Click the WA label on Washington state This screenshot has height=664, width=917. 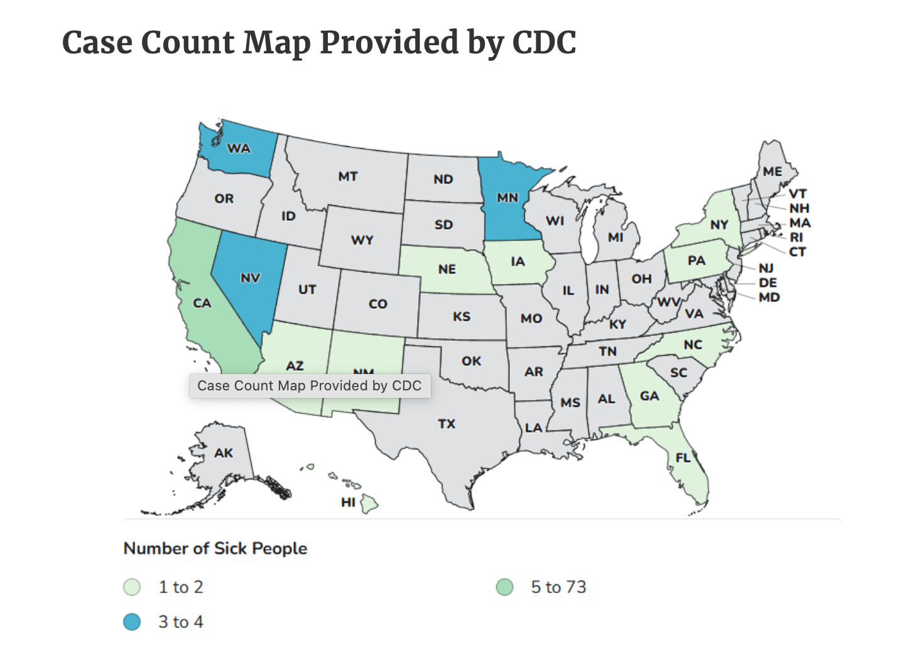point(239,149)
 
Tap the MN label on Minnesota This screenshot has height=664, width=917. point(507,198)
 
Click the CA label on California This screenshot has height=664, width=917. point(202,303)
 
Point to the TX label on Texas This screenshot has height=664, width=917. point(447,424)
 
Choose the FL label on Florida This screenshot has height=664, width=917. point(683,458)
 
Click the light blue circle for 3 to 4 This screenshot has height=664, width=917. point(132,622)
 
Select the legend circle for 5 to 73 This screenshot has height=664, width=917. point(504,587)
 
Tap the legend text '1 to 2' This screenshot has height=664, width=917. point(181,587)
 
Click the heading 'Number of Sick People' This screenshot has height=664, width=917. point(215,549)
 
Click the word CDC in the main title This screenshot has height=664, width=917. point(544,43)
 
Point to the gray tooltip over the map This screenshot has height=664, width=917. point(310,385)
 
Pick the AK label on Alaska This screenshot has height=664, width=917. point(224,453)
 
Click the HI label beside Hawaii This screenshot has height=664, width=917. point(348,502)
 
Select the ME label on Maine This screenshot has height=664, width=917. point(773,171)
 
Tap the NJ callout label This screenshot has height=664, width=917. point(766,268)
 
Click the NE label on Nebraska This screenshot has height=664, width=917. point(447,269)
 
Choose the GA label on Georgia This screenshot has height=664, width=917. point(649,396)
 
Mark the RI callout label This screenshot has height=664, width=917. point(796,237)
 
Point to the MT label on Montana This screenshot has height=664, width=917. point(347,176)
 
